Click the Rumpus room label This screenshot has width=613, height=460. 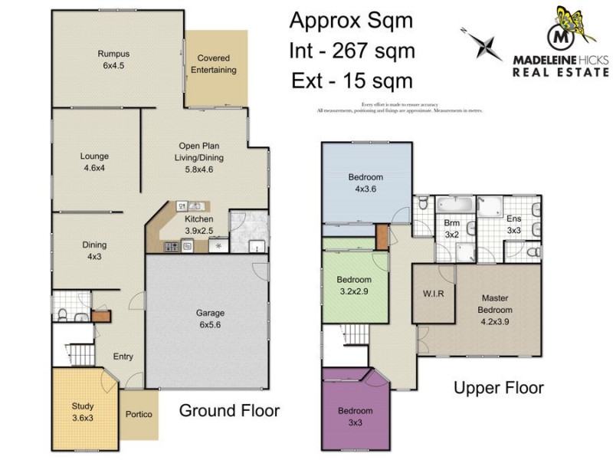[113, 60]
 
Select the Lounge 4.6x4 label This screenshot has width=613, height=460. [94, 162]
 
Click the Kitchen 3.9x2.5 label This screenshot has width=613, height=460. [199, 225]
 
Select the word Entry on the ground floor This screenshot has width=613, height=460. [123, 356]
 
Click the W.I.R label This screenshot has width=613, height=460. [428, 293]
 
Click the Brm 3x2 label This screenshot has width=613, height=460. [452, 228]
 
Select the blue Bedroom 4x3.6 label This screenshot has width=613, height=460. [366, 182]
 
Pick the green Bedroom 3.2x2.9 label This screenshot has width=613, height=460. [354, 285]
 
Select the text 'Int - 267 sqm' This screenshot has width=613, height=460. [352, 51]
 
